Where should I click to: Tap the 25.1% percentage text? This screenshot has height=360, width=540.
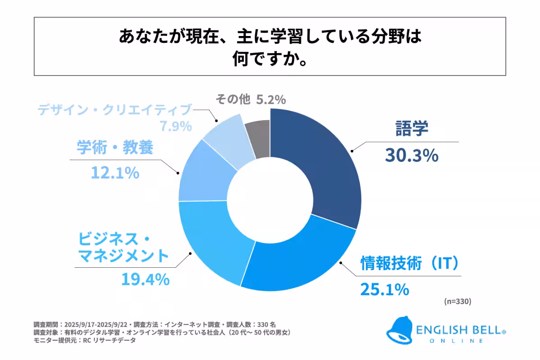click(384, 288)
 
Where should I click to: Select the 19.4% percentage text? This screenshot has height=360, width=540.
click(145, 279)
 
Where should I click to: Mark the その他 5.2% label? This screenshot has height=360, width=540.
click(251, 99)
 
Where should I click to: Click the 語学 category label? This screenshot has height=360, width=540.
click(411, 128)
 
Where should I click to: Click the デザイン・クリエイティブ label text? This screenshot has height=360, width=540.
click(115, 110)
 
